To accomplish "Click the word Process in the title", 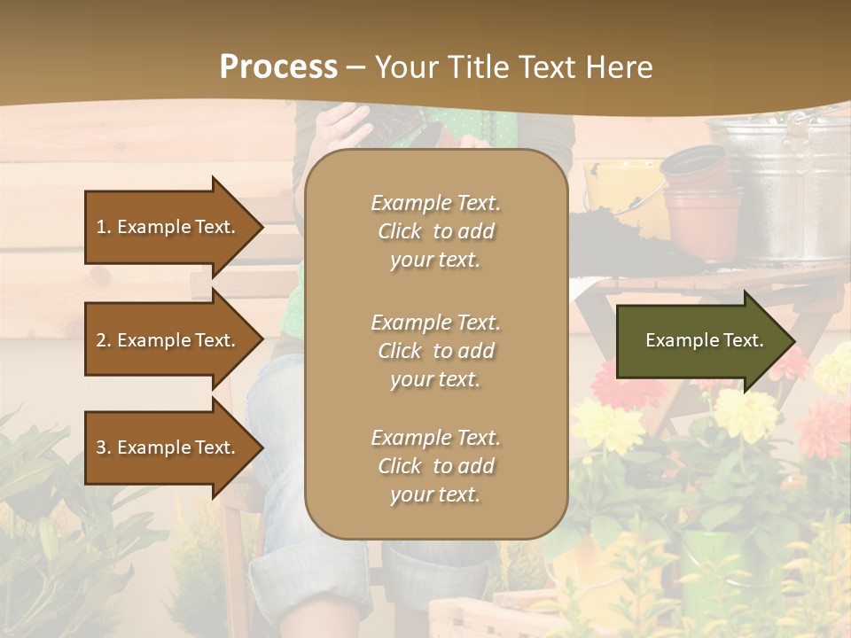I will point(278,66).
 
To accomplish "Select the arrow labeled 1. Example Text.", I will point(168,227).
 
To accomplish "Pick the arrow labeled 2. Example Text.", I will point(168,340).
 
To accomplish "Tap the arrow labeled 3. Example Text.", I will point(168,447).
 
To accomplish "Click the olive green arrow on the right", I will point(700,340).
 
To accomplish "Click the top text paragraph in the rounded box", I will point(435,231).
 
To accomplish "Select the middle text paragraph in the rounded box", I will point(435,351).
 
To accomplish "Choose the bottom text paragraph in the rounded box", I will point(435,466).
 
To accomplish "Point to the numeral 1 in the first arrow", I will point(101,227).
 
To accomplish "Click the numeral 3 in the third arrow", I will point(101,447).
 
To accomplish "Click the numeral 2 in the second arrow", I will point(101,340).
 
